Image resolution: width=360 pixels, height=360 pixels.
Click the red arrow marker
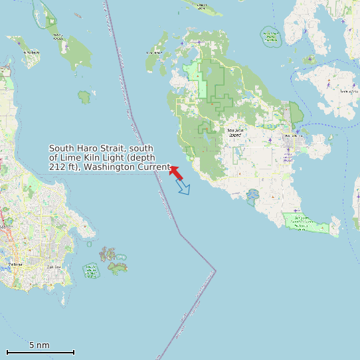pos(176,173)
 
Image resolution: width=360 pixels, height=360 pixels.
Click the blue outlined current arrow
pos(183,187)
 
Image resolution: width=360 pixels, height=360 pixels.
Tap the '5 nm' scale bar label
pos(39,345)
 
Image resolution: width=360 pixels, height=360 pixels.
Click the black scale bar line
pos(40,352)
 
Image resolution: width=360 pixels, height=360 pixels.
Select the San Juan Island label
pos(235,132)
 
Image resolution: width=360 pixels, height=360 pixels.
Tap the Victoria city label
pos(15,264)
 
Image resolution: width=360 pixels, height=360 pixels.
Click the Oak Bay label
pos(54,267)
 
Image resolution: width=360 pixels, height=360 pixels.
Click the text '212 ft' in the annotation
pos(61,167)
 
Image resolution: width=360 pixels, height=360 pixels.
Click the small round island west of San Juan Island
pos(84,97)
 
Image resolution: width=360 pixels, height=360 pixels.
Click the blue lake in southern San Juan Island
pos(252,195)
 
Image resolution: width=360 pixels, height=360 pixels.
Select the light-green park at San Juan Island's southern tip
pos(305,223)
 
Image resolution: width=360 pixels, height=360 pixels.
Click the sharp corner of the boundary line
pos(215,270)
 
